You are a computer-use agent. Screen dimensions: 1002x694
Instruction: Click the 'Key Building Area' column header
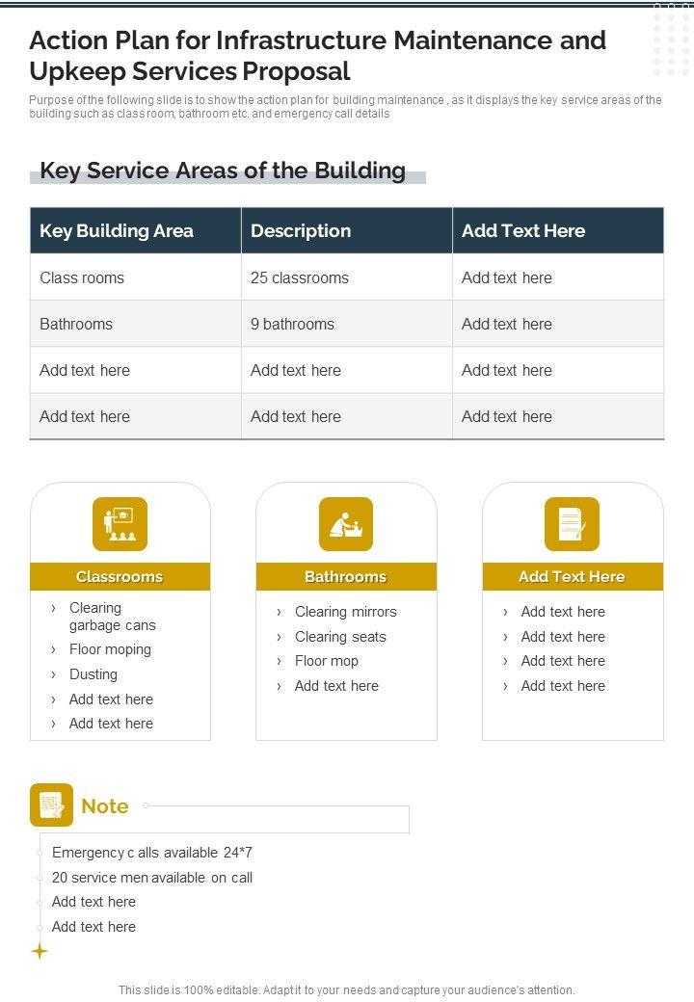[x=117, y=231]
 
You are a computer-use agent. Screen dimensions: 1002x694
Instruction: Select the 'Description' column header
[x=301, y=231]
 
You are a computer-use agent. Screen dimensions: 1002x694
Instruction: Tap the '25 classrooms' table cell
[x=300, y=277]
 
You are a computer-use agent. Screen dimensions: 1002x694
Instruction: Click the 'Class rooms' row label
[x=82, y=277]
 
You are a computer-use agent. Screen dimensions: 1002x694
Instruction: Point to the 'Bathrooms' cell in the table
[x=76, y=324]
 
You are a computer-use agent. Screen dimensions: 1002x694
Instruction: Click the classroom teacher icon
[x=120, y=524]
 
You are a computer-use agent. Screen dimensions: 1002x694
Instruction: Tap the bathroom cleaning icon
[x=346, y=524]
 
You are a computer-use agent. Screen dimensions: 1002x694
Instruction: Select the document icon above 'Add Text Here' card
[x=572, y=524]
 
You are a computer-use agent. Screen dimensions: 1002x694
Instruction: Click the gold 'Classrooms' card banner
[x=120, y=576]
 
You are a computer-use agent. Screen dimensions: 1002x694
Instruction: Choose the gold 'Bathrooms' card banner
[x=346, y=576]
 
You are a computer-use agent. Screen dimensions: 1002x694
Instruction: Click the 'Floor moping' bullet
[x=110, y=649]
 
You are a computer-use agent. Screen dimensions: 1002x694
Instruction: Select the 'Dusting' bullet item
[x=93, y=674]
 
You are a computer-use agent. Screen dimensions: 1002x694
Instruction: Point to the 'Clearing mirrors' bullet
[x=345, y=612]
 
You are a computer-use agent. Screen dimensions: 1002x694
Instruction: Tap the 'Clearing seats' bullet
[x=340, y=637]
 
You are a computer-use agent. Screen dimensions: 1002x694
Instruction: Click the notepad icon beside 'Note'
[x=51, y=805]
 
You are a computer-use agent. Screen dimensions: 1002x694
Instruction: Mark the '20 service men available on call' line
[x=152, y=878]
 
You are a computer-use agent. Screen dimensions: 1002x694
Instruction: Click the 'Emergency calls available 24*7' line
[x=152, y=853]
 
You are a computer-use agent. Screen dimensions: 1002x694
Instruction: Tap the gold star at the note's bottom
[x=40, y=952]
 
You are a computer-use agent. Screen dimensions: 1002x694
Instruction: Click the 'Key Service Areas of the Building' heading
[x=223, y=171]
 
